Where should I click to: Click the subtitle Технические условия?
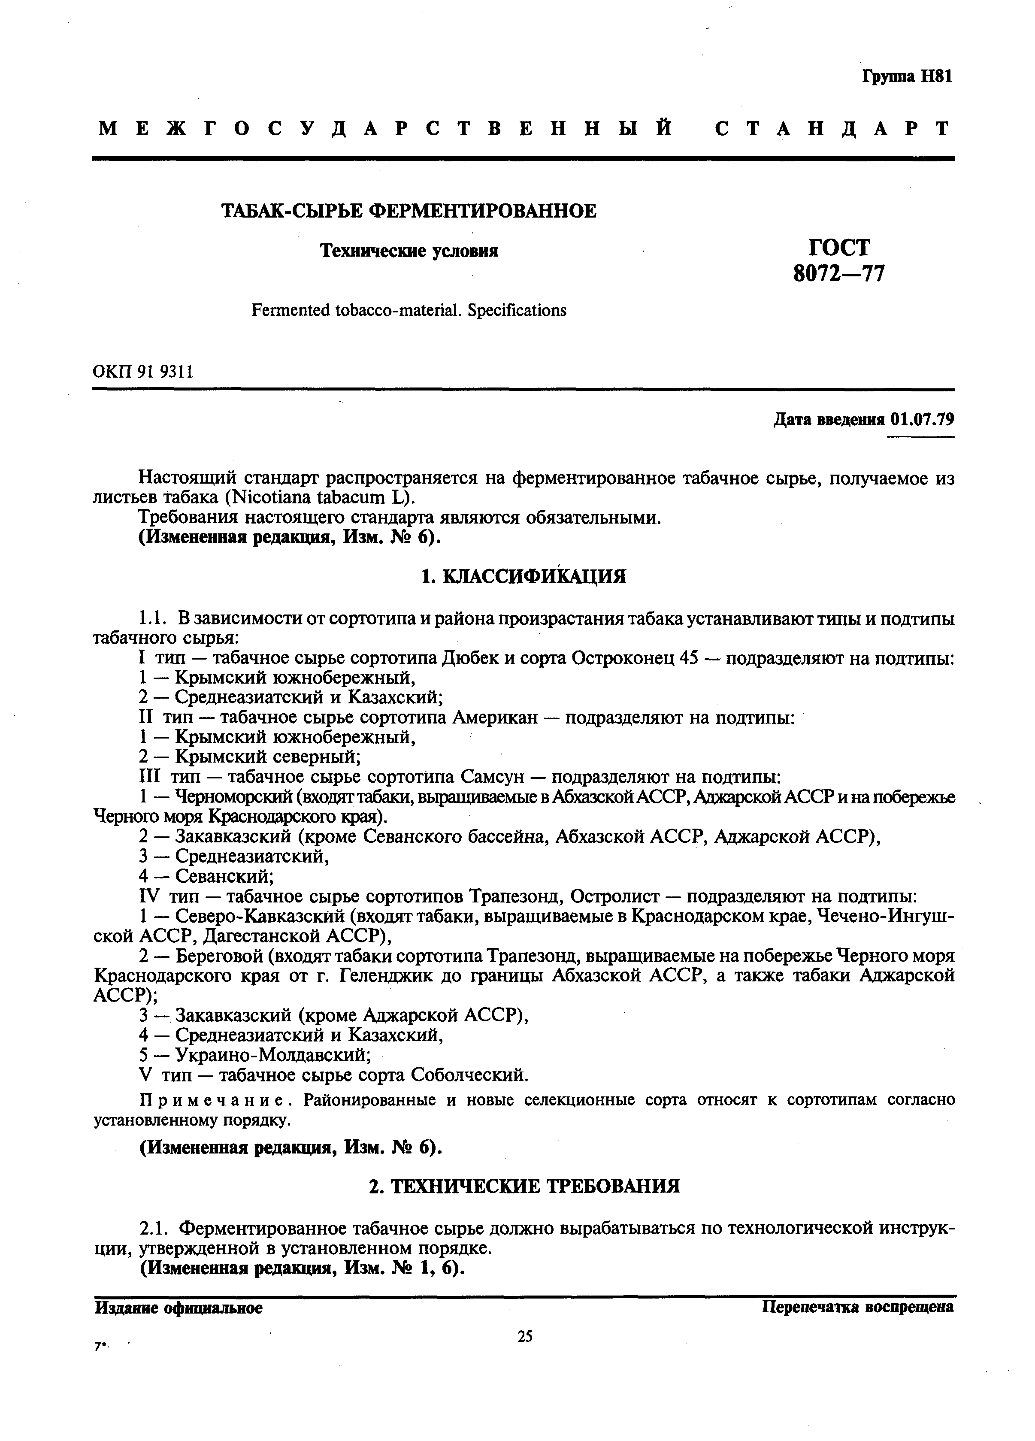(x=409, y=251)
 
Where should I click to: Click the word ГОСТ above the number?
(x=838, y=246)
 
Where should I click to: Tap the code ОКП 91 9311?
(x=143, y=371)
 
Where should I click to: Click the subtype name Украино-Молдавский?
(x=273, y=1055)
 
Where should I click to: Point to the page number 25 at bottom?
(x=525, y=1336)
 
